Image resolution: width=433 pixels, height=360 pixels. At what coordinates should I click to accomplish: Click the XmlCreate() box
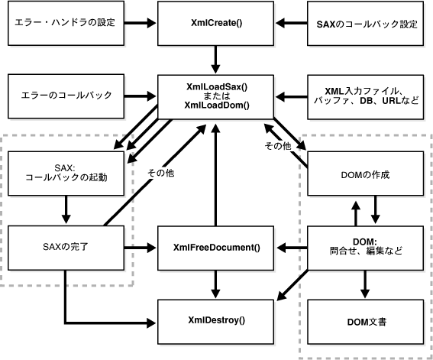pyautogui.click(x=216, y=22)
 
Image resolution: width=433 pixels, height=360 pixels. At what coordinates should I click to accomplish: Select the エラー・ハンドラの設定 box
pyautogui.click(x=64, y=22)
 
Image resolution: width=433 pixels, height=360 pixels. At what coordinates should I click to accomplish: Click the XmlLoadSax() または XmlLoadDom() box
pyautogui.click(x=216, y=96)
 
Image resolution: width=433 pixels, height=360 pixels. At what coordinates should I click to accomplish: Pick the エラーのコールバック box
pyautogui.click(x=64, y=96)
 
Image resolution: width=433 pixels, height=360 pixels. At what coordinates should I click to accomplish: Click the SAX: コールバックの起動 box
pyautogui.click(x=64, y=172)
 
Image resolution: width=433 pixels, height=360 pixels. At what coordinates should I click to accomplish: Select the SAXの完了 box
pyautogui.click(x=64, y=247)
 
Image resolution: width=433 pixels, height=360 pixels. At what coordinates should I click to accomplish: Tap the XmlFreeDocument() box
pyautogui.click(x=216, y=247)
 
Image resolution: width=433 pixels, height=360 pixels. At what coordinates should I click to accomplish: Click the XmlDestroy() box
pyautogui.click(x=216, y=320)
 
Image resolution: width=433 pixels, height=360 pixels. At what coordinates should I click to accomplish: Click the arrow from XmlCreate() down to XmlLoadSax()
pyautogui.click(x=216, y=58)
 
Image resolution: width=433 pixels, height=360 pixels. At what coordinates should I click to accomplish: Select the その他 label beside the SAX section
pyautogui.click(x=160, y=174)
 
